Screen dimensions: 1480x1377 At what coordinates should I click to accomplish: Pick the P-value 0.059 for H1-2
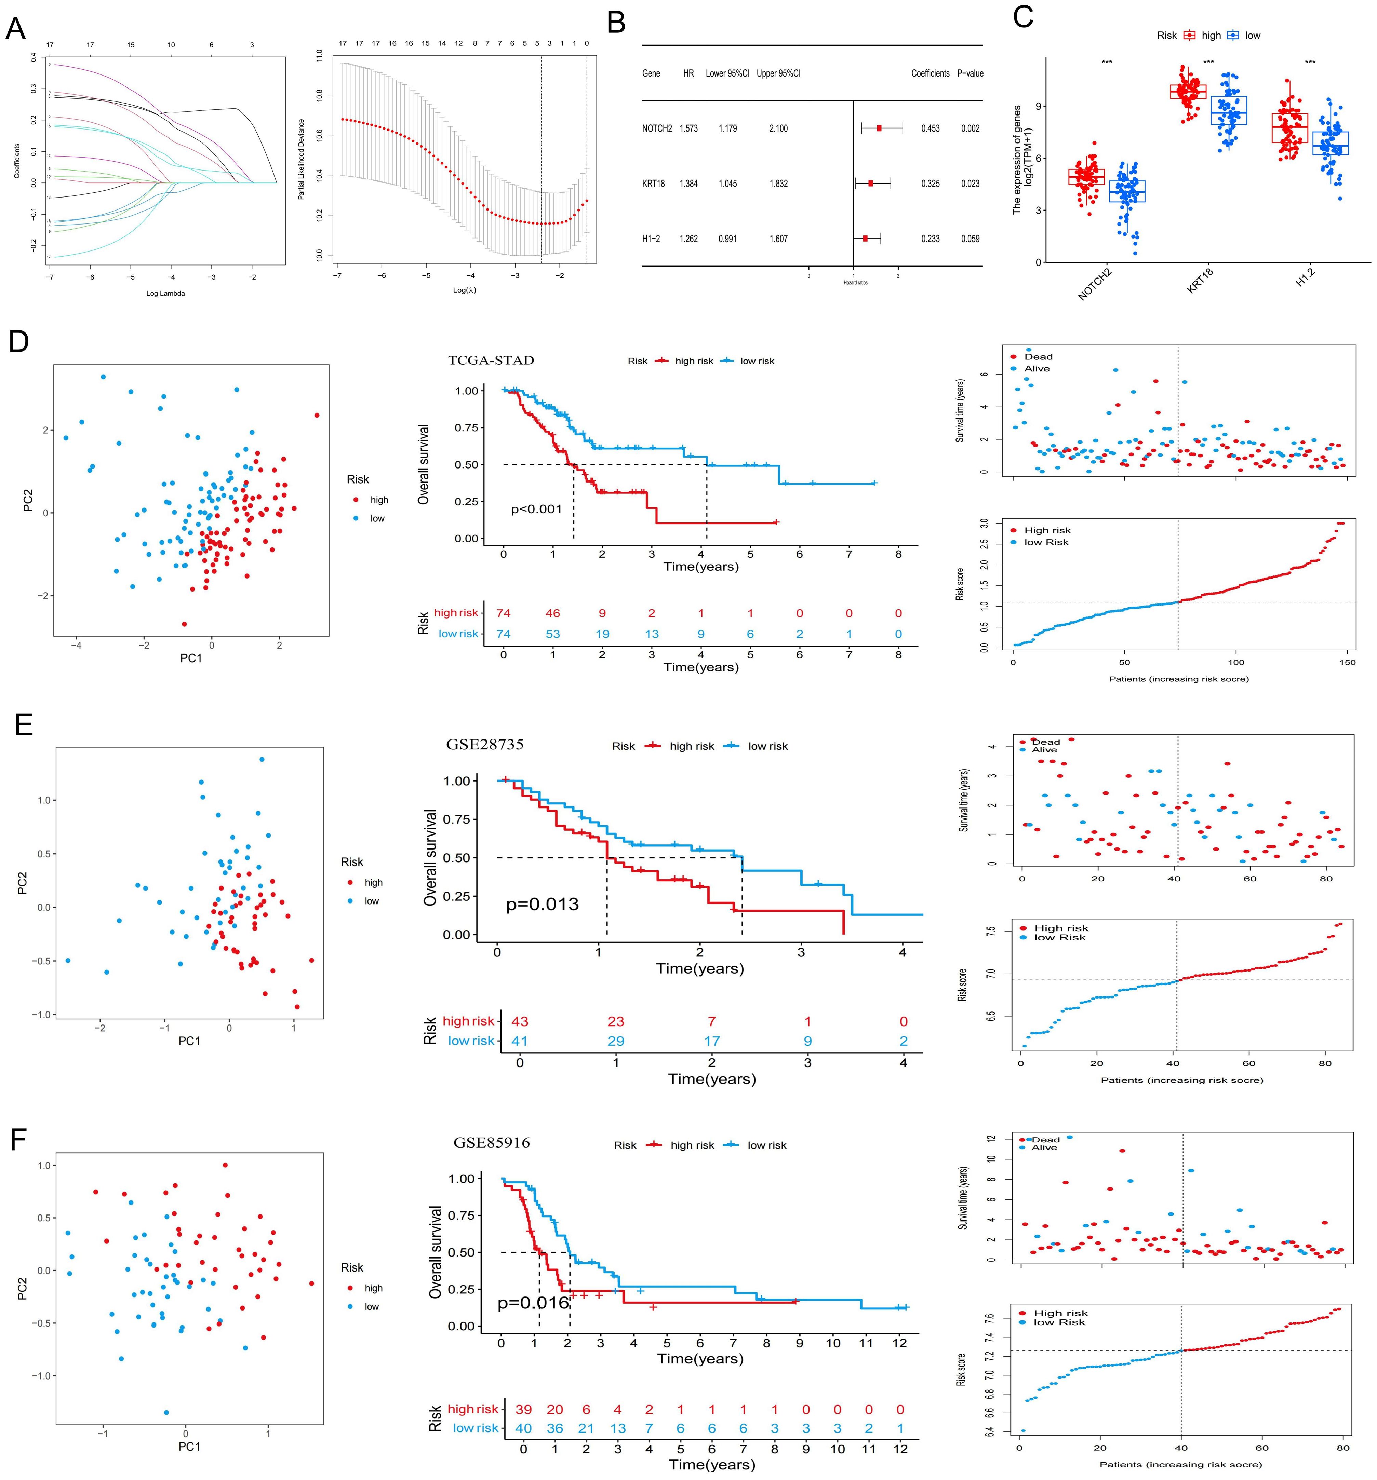tap(970, 239)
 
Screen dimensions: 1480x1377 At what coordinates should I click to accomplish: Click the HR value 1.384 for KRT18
tap(688, 184)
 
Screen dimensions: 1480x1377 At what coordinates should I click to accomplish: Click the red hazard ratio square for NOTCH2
tap(879, 129)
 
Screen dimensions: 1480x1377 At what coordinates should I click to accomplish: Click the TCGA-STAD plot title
tap(491, 360)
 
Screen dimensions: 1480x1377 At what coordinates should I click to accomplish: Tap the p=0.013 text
tap(542, 905)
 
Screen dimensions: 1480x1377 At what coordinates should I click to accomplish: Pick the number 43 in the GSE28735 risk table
tap(519, 1021)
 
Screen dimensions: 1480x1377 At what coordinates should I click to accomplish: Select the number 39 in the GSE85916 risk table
tap(523, 1409)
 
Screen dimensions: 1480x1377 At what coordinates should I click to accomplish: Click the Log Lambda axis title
tap(165, 293)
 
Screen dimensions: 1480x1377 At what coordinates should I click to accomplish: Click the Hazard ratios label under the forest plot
tap(855, 283)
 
